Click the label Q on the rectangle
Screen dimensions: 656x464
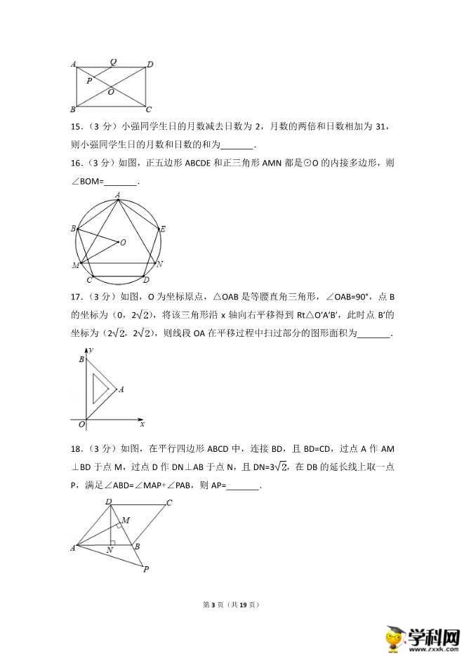pos(113,62)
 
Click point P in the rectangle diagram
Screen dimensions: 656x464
pos(89,81)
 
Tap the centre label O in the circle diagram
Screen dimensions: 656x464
pos(123,242)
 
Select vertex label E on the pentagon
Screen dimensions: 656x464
pos(163,229)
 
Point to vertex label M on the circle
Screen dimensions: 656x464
pos(75,265)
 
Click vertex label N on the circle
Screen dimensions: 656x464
pos(160,264)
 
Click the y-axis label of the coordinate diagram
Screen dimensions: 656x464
pos(92,349)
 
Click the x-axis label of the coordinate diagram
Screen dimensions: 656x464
pos(142,424)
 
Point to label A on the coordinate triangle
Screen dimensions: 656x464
pos(121,389)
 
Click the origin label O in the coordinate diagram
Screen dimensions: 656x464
pos(81,424)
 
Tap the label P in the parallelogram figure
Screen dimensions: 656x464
pos(146,570)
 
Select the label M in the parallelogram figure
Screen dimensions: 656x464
pos(126,520)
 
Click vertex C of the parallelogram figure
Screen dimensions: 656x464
pos(169,503)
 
